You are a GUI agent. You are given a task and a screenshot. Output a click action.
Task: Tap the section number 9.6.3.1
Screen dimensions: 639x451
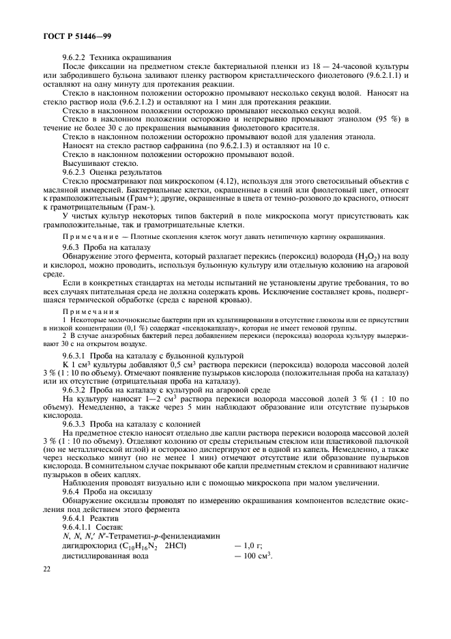coord(75,356)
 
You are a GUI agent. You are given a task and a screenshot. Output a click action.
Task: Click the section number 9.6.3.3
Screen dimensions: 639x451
coord(75,423)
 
